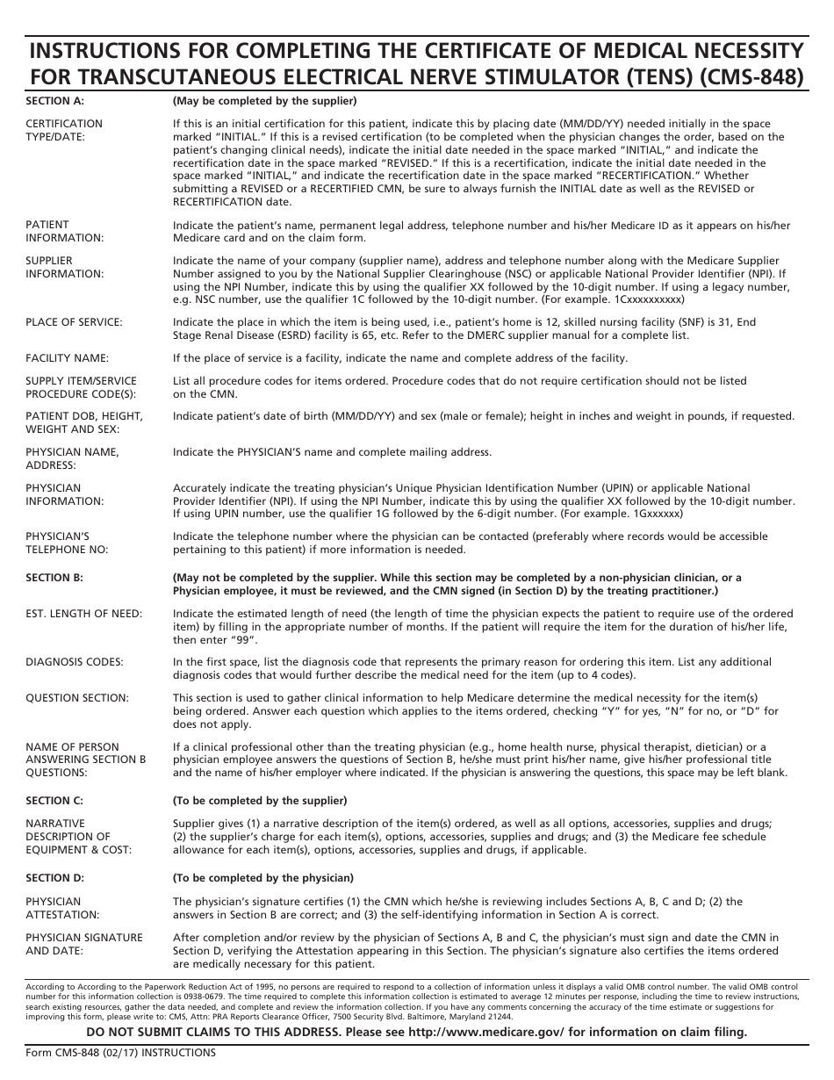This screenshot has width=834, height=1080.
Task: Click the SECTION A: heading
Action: [54, 100]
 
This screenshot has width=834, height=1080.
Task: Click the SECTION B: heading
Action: [54, 578]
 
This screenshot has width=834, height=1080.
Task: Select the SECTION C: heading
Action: [54, 801]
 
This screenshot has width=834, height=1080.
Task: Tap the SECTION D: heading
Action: [54, 878]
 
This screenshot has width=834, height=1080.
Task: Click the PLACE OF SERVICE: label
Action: [74, 322]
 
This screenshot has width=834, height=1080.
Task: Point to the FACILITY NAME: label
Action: [67, 358]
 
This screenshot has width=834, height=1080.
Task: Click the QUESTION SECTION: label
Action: [76, 698]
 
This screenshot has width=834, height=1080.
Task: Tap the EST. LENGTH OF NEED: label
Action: [83, 614]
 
